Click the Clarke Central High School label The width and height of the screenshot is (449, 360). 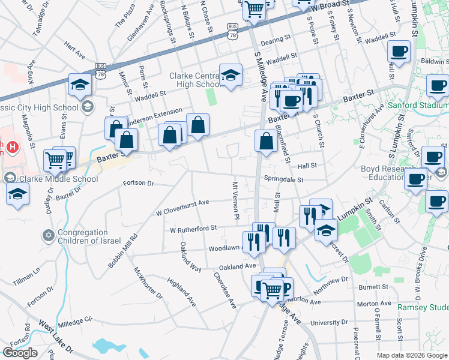(x=196, y=80)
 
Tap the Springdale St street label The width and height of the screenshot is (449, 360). (x=283, y=179)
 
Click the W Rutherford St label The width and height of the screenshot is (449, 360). (x=193, y=229)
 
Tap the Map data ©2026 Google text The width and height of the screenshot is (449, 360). (x=411, y=355)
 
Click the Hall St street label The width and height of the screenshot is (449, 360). (x=306, y=164)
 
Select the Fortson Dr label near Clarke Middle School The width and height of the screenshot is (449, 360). (x=138, y=183)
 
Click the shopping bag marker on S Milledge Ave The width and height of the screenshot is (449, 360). (x=266, y=142)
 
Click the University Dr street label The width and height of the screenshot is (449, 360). (x=325, y=322)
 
